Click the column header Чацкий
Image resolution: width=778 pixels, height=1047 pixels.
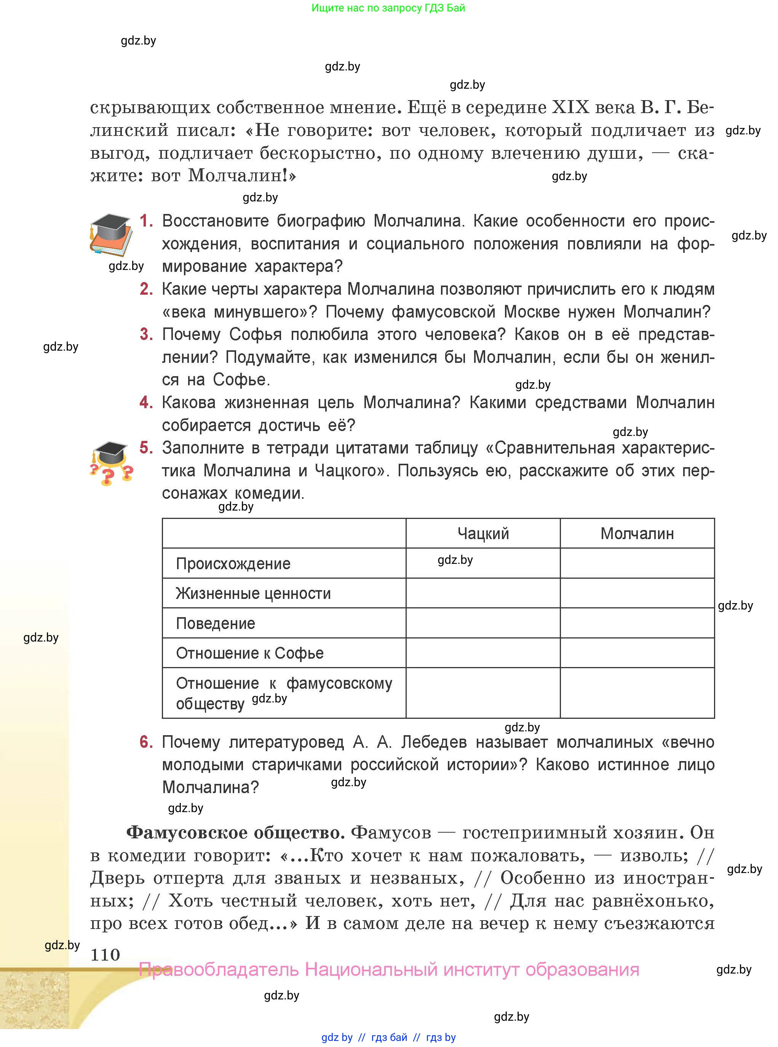[x=483, y=533]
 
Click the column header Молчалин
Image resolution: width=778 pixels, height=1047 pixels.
[x=637, y=533]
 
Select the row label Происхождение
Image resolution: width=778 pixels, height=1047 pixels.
[x=233, y=563]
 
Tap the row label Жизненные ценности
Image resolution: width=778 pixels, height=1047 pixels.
[x=253, y=593]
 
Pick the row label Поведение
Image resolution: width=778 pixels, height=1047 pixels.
[x=215, y=623]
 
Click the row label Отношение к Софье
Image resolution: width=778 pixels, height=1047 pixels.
[x=249, y=653]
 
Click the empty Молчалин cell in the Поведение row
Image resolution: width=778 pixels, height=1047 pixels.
[x=637, y=623]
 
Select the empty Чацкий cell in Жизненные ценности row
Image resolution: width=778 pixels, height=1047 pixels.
[x=483, y=593]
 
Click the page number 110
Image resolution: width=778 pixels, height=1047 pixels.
[x=105, y=955]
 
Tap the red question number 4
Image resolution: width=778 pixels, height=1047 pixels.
[x=146, y=402]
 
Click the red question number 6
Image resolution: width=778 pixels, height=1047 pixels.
[x=146, y=742]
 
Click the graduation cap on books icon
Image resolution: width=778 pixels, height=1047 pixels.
[x=111, y=234]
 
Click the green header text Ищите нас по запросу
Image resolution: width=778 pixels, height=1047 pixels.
[x=388, y=8]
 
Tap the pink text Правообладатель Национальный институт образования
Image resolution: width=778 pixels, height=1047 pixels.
[x=389, y=970]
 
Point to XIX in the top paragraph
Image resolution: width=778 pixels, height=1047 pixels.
[x=570, y=107]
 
